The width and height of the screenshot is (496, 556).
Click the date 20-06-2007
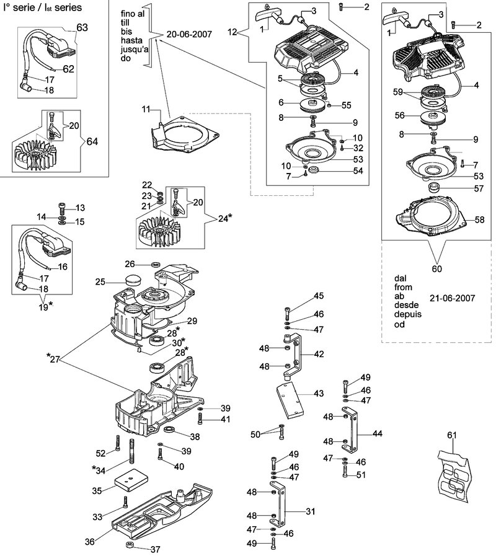tap(189, 34)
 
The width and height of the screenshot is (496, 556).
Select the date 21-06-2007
tap(452, 298)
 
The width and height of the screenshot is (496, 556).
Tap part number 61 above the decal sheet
tap(451, 435)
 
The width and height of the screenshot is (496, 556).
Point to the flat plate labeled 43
tap(290, 400)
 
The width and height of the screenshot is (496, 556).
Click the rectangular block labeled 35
tap(130, 479)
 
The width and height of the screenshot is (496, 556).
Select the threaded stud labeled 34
tap(132, 451)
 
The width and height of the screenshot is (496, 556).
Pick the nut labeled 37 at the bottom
tap(130, 545)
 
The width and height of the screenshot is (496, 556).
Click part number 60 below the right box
tap(436, 269)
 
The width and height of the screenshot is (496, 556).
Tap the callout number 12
tap(232, 32)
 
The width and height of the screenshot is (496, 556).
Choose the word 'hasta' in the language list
tap(131, 40)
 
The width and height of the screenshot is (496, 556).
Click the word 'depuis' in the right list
tap(408, 314)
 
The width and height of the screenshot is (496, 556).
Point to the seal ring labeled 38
tap(170, 430)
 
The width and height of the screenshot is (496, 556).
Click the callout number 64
tap(92, 141)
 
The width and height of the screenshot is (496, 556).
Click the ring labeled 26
tap(156, 264)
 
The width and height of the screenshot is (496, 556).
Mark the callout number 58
tap(480, 220)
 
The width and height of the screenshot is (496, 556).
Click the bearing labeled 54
tap(314, 170)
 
